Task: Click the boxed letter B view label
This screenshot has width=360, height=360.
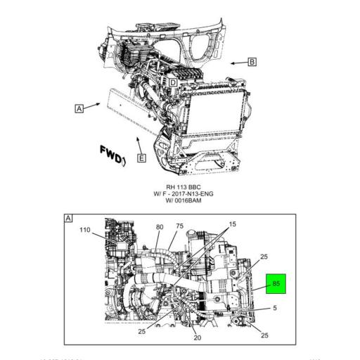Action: coord(252,62)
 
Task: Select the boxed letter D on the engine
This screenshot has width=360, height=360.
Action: coord(172,82)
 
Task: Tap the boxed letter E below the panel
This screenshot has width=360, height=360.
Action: coord(141,158)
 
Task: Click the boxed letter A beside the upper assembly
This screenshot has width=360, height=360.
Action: coord(79,108)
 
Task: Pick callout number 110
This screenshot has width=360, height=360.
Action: coord(84,230)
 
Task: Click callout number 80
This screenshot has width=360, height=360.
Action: coord(159,226)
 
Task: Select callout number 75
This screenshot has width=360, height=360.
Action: coord(179,226)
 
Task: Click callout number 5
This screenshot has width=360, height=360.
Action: coord(274,308)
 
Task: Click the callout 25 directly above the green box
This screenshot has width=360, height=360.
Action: coord(264,257)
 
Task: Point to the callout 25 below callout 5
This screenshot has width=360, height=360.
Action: coord(264,335)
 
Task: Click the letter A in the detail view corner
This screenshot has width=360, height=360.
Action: coord(68,219)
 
